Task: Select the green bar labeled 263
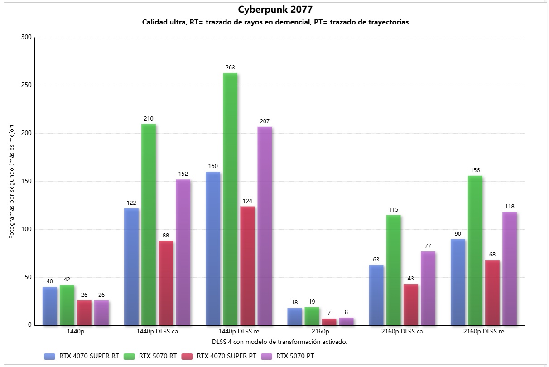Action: [x=230, y=199]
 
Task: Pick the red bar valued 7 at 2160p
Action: [x=329, y=322]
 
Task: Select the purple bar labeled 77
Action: [x=428, y=288]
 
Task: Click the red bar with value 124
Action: [x=247, y=266]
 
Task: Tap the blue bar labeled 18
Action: [x=294, y=317]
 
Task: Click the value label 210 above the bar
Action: [x=149, y=119]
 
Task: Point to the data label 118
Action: [x=510, y=207]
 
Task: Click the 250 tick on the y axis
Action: [x=26, y=86]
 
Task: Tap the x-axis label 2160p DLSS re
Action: [x=484, y=332]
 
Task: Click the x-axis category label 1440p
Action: [x=75, y=332]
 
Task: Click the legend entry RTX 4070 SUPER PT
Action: [x=226, y=356]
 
